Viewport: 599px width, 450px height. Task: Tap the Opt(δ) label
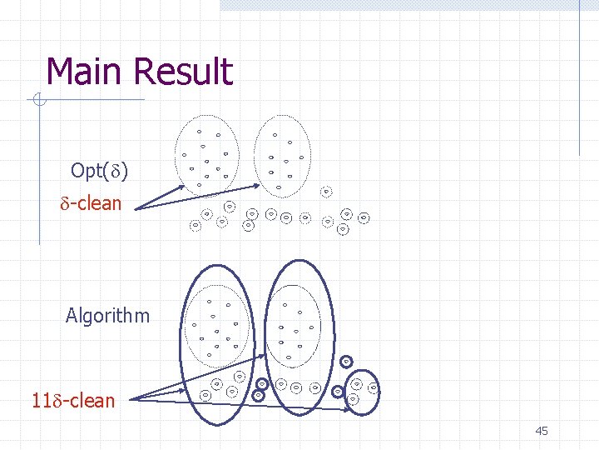coord(99,171)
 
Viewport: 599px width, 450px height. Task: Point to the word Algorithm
coord(108,316)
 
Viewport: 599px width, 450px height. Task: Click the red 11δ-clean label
coord(73,401)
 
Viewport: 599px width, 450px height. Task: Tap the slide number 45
coord(542,431)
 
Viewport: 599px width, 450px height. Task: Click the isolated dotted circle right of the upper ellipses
coord(326,192)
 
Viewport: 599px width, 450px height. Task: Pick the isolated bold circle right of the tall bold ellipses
coord(346,361)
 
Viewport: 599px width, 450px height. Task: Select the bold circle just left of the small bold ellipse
coord(338,391)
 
